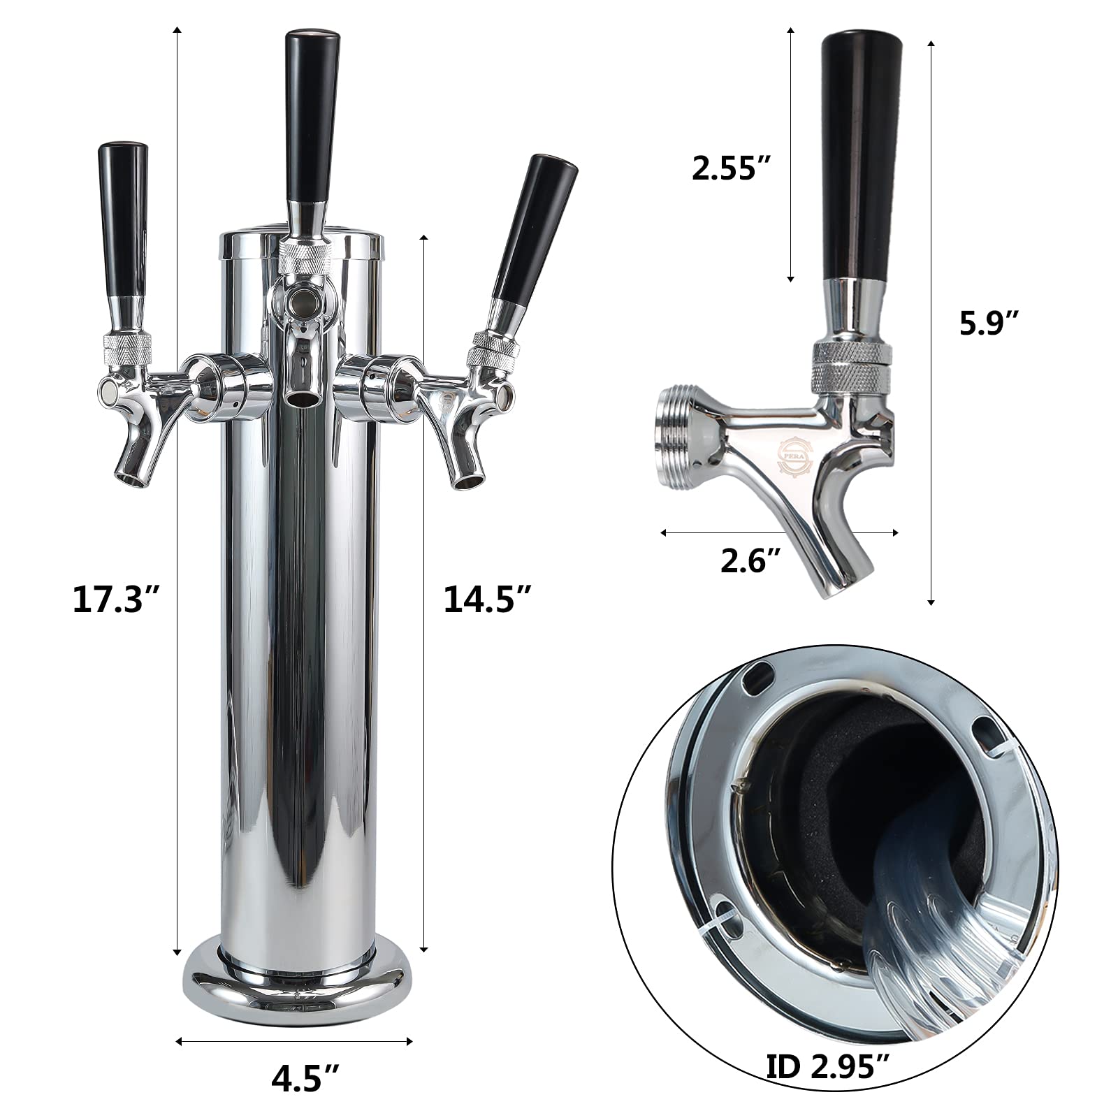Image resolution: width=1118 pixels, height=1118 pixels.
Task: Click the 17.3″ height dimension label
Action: [117, 600]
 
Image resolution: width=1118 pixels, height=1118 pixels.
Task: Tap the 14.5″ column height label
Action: [488, 600]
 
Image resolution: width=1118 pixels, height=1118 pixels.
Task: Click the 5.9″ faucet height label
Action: [989, 324]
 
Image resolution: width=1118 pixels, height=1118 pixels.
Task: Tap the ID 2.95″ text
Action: [829, 1066]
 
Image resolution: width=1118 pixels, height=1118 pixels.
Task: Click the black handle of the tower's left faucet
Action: [123, 220]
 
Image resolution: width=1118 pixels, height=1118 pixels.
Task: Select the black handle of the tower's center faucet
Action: [312, 115]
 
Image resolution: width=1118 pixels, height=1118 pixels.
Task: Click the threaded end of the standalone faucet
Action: [677, 433]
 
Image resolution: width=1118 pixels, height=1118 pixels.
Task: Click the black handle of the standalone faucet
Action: [861, 154]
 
